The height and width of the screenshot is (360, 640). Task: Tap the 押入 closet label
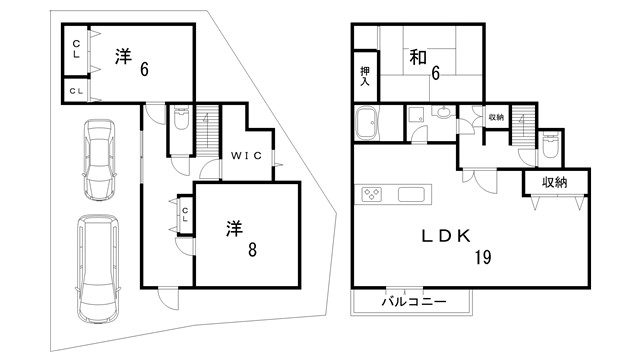coord(365,77)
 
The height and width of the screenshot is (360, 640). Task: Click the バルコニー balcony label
coord(412,300)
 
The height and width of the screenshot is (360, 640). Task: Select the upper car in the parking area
coord(99,161)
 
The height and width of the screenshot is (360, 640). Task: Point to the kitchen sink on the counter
coord(411,193)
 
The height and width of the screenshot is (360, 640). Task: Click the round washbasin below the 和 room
coord(441,113)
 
